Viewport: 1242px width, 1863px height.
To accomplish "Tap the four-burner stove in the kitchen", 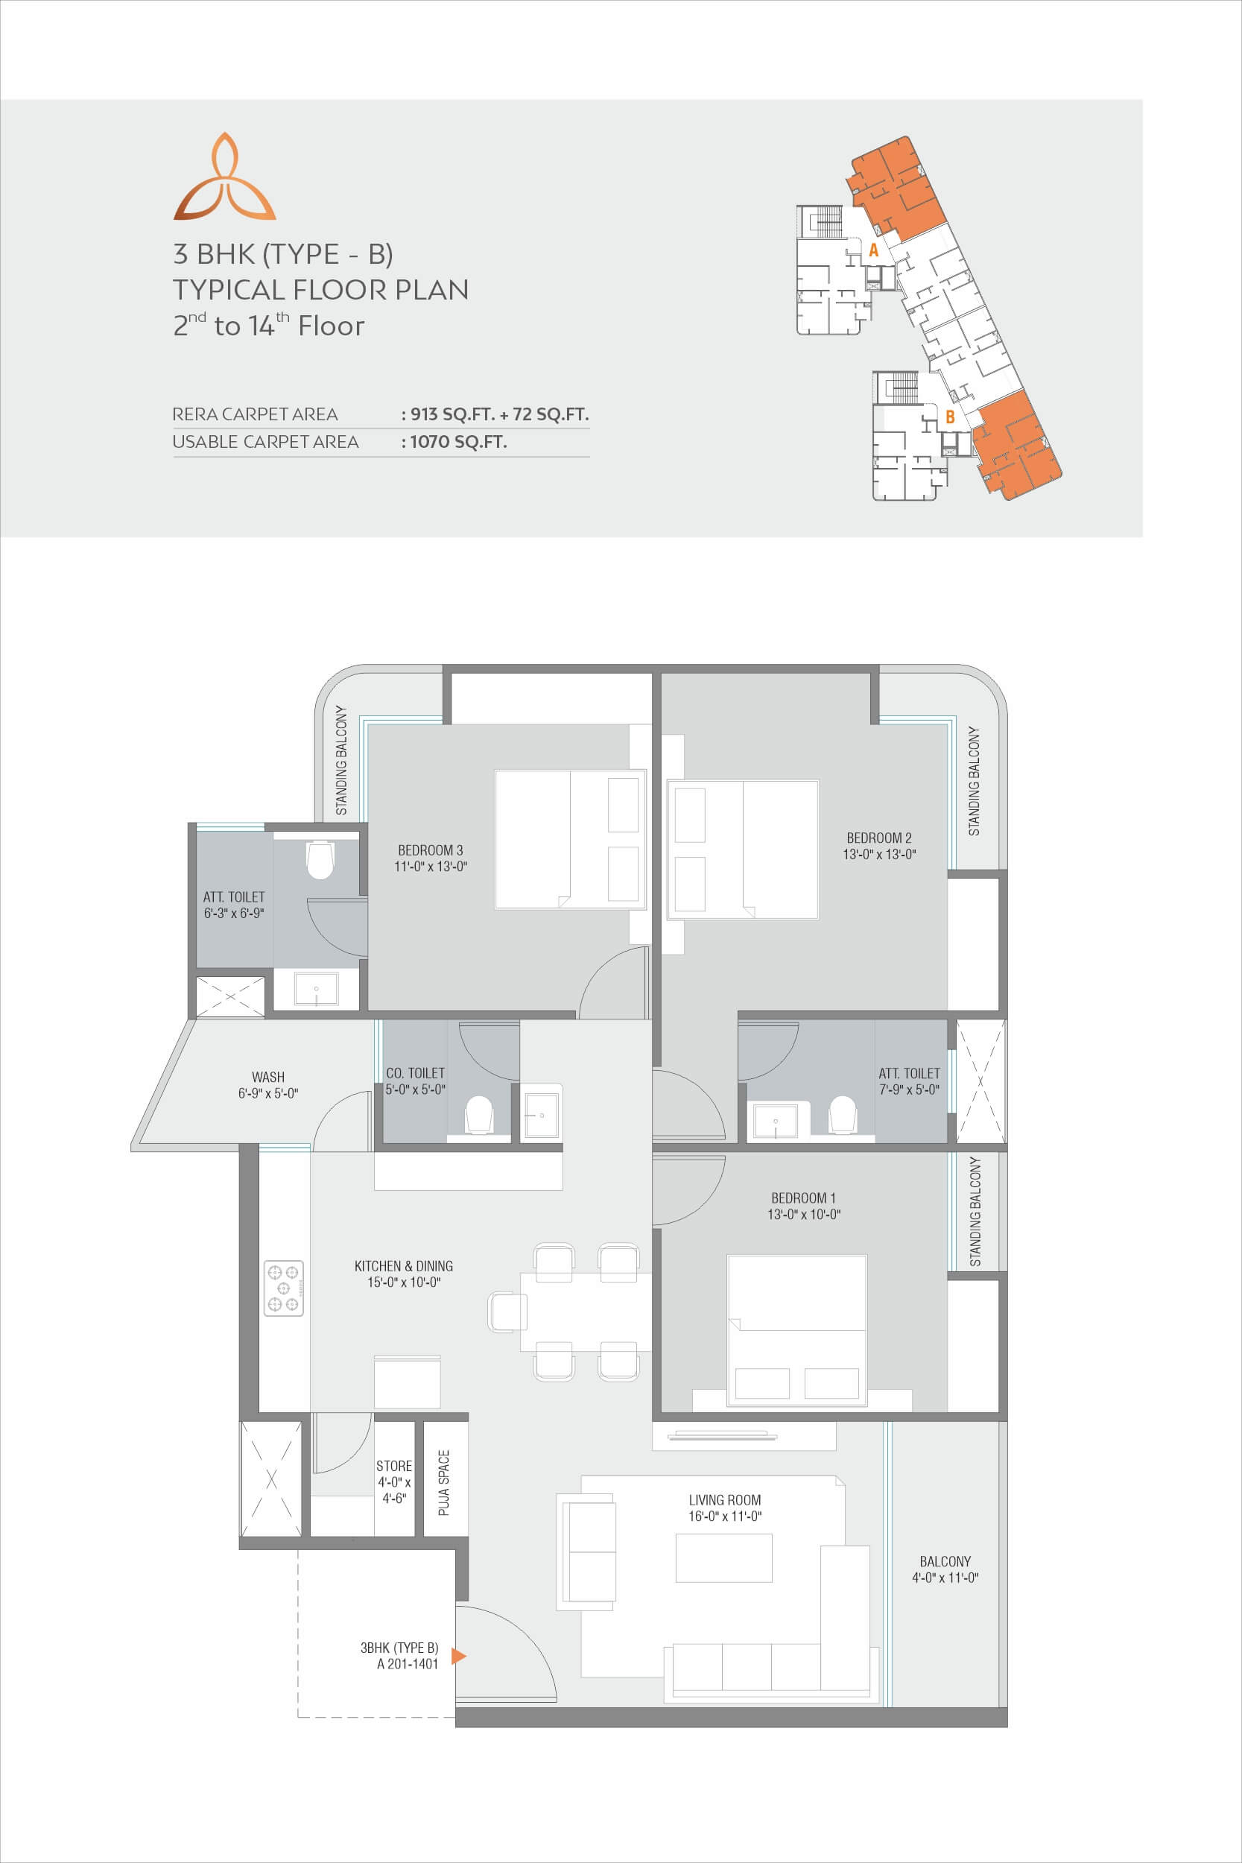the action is pyautogui.click(x=284, y=1288).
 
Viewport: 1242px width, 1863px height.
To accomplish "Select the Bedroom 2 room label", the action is pyautogui.click(x=879, y=838).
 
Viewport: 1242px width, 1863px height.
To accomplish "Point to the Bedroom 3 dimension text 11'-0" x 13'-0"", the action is pyautogui.click(x=431, y=867).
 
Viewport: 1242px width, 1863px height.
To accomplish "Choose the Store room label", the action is pyautogui.click(x=394, y=1466).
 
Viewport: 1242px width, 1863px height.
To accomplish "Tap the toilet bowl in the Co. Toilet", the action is pyautogui.click(x=478, y=1115).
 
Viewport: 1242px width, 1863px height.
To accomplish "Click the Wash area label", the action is pyautogui.click(x=268, y=1078).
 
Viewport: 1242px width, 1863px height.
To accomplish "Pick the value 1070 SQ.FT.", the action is pyautogui.click(x=459, y=442).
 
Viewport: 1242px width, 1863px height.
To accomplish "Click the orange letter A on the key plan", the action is pyautogui.click(x=874, y=250).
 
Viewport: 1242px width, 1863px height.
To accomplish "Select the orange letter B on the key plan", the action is pyautogui.click(x=950, y=417).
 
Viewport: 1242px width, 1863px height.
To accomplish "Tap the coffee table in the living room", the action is pyautogui.click(x=724, y=1558).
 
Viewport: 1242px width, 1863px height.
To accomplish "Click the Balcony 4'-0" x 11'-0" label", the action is pyautogui.click(x=945, y=1569).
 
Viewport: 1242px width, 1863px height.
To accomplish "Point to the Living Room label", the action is pyautogui.click(x=725, y=1500).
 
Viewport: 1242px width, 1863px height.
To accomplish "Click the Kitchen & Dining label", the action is pyautogui.click(x=404, y=1266).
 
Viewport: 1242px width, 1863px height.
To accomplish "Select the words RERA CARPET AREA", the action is pyautogui.click(x=255, y=414).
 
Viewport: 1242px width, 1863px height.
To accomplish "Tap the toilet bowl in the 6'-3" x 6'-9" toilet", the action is pyautogui.click(x=320, y=860).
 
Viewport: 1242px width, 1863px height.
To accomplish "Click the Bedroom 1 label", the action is pyautogui.click(x=803, y=1198).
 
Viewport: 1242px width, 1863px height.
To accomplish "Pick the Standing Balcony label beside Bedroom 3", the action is pyautogui.click(x=341, y=759).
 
